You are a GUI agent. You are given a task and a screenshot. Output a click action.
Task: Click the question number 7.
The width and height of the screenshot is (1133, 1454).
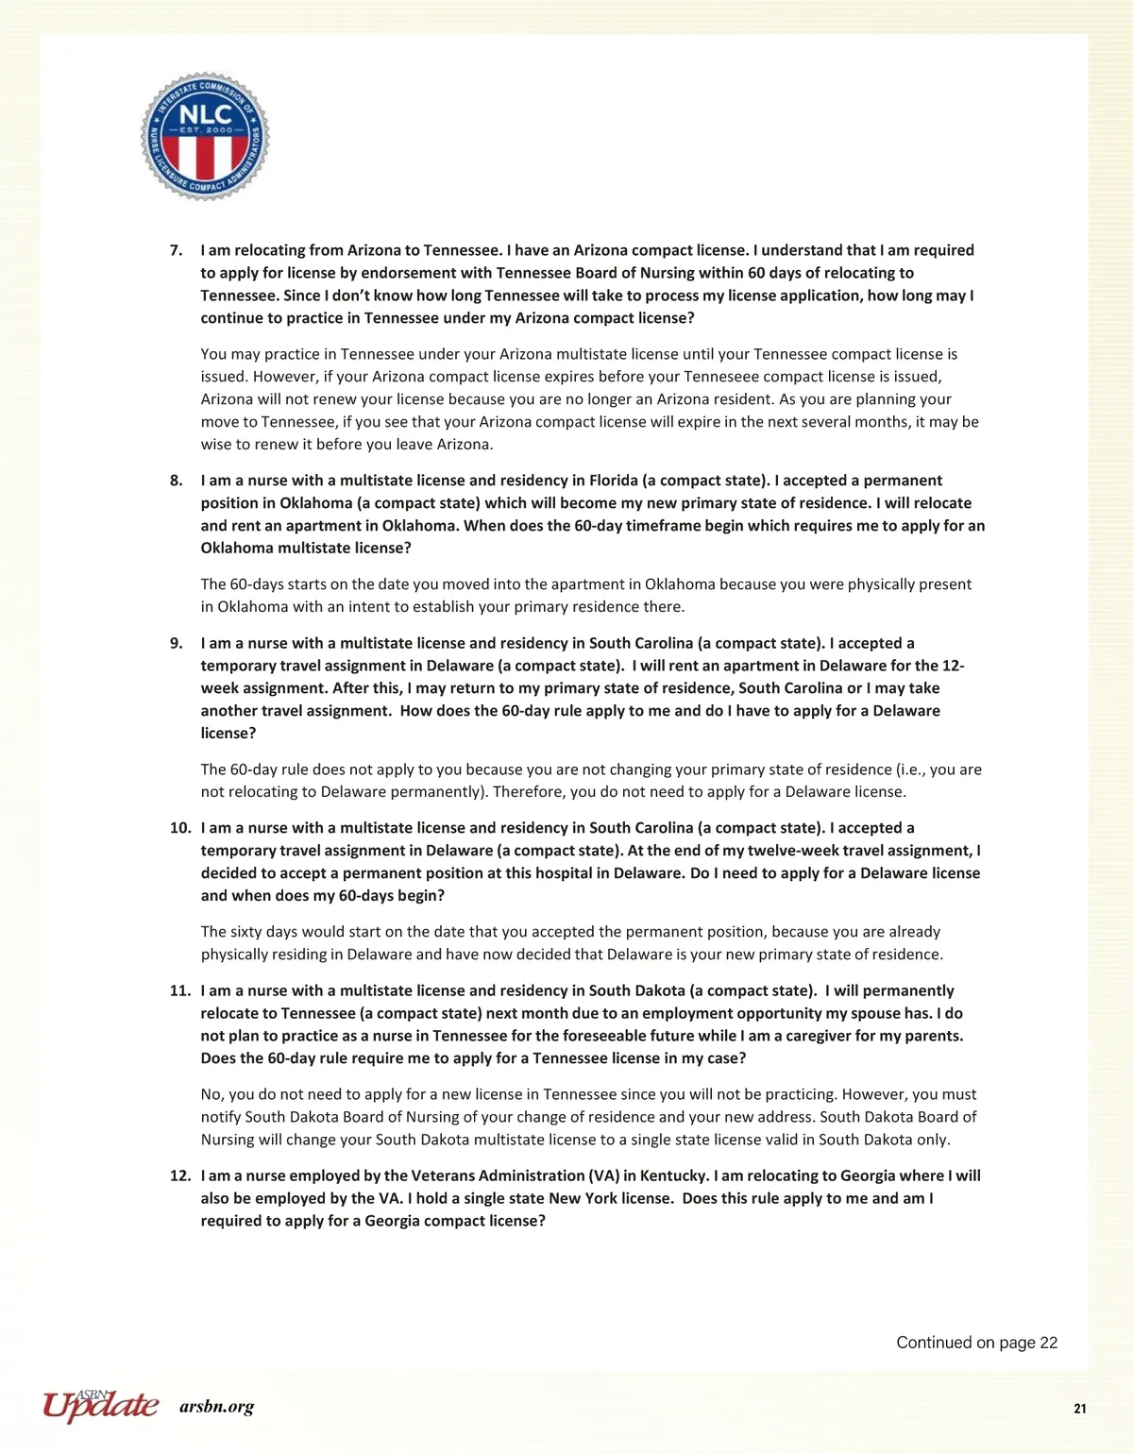click(x=176, y=250)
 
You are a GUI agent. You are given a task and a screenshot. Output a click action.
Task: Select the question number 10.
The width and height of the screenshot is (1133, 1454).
click(x=180, y=828)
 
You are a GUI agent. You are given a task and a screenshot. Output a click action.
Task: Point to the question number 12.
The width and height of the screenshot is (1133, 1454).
click(x=180, y=1175)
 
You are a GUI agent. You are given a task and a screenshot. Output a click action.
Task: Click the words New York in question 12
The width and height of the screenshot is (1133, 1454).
click(x=582, y=1198)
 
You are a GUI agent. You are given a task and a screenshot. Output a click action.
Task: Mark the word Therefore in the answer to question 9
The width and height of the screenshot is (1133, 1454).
click(x=529, y=792)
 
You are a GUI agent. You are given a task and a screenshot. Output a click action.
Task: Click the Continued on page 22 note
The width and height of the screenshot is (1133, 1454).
click(x=976, y=1343)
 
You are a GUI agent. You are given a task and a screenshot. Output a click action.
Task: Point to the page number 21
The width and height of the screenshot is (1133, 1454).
click(x=1080, y=1409)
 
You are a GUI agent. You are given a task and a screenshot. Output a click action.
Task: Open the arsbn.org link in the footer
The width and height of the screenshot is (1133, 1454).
click(x=216, y=1407)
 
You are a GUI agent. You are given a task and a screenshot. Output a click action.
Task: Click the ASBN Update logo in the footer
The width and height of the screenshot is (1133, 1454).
click(x=100, y=1405)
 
